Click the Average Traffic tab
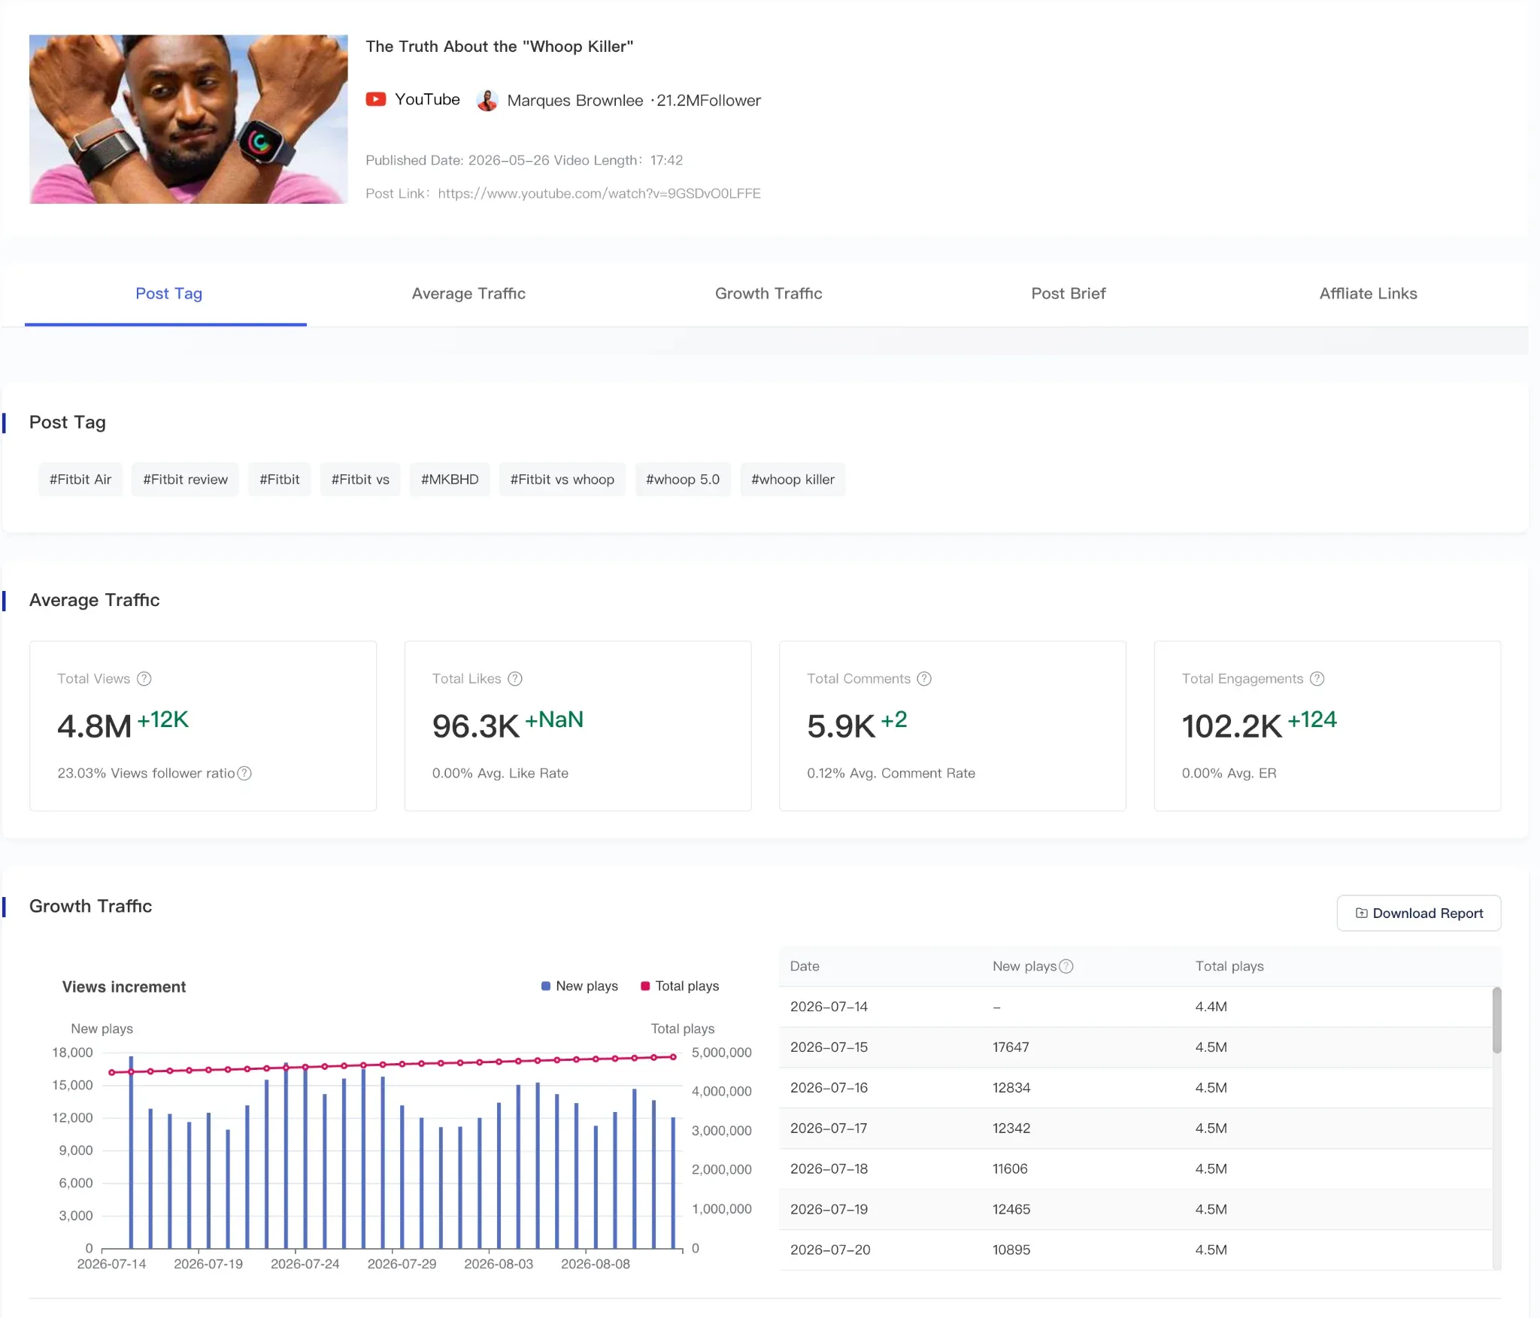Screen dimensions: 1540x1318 [x=468, y=293]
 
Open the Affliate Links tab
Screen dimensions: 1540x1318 [x=1368, y=293]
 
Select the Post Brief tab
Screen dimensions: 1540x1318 [x=1068, y=293]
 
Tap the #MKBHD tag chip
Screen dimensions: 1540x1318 [x=450, y=480]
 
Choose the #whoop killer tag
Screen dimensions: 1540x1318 [x=793, y=480]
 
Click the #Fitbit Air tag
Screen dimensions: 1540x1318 [x=80, y=480]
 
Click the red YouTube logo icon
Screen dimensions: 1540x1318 [x=376, y=99]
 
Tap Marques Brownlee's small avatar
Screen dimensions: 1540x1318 [x=487, y=100]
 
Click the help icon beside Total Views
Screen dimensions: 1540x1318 [x=144, y=679]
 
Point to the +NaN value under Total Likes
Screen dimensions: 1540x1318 [x=554, y=720]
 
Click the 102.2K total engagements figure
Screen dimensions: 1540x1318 [x=1232, y=726]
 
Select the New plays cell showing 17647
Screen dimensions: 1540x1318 [x=1011, y=1047]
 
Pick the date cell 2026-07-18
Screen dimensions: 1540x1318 [x=829, y=1169]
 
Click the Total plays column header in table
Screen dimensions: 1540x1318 [x=1229, y=966]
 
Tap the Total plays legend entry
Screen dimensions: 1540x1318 [x=680, y=986]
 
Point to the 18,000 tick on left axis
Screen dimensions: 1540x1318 [x=72, y=1053]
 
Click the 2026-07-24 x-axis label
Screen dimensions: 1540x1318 [x=305, y=1264]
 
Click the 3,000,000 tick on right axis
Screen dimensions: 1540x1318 [x=722, y=1131]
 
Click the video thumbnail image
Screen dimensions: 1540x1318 [x=189, y=119]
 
